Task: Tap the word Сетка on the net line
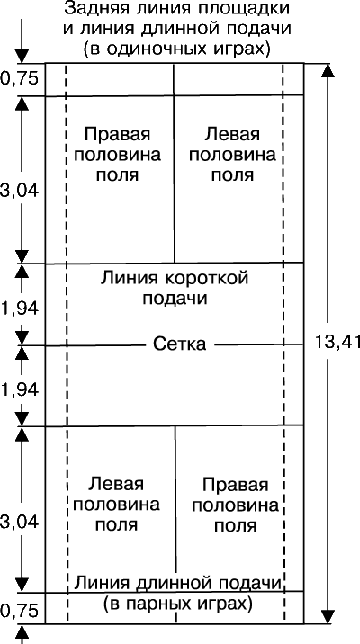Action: click(x=180, y=344)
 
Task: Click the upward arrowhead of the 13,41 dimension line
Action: click(x=327, y=71)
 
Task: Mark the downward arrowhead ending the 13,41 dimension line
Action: click(x=327, y=616)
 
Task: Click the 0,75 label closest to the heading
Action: click(x=19, y=78)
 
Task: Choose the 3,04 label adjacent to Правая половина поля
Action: click(x=19, y=192)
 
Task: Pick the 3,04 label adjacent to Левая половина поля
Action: click(x=19, y=523)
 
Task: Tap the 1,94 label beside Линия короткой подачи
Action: click(x=19, y=309)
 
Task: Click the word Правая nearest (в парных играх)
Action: click(x=236, y=486)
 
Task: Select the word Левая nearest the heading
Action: click(x=233, y=134)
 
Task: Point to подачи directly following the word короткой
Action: click(x=175, y=299)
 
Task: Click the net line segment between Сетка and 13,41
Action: click(x=259, y=344)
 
